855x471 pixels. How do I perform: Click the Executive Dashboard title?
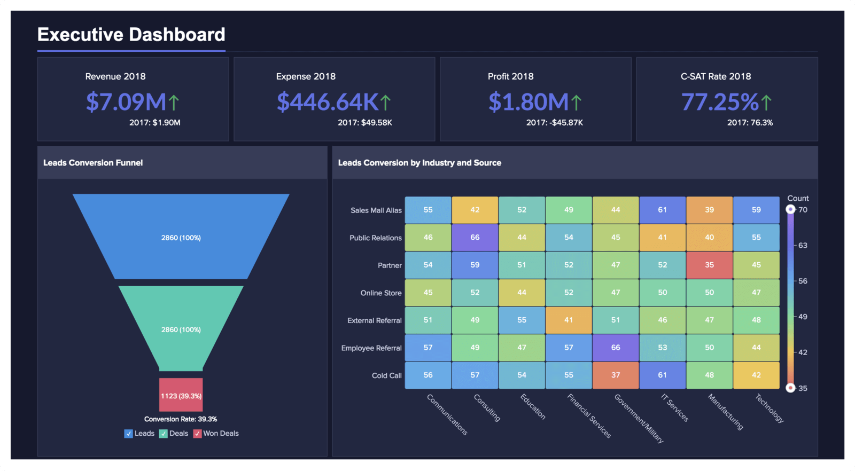coord(131,35)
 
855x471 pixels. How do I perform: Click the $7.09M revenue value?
coord(126,102)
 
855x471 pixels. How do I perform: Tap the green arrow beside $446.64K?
coord(386,102)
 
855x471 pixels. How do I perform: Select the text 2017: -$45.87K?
coord(554,123)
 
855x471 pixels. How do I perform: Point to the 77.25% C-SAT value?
coord(720,102)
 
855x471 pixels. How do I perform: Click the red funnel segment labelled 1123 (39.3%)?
coord(181,396)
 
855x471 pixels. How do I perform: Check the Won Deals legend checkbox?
coord(197,434)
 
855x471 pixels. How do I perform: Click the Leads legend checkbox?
coord(128,434)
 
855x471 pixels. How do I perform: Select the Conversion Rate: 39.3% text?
coord(181,419)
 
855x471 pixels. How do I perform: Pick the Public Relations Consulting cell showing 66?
coord(475,238)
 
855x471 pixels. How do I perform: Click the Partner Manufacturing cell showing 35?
coord(709,265)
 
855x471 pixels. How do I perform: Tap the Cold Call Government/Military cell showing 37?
coord(616,375)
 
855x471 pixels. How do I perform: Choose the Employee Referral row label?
coord(371,348)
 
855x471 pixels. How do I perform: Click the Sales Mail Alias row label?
coord(376,210)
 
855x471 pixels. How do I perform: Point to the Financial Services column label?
coord(589,416)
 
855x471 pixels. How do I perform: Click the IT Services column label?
coord(675,408)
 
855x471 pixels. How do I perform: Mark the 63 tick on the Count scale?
coord(803,246)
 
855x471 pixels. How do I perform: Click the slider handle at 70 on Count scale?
coord(790,209)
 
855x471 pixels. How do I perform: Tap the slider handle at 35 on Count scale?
coord(790,388)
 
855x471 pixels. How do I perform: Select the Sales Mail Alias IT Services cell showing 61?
coord(663,210)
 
